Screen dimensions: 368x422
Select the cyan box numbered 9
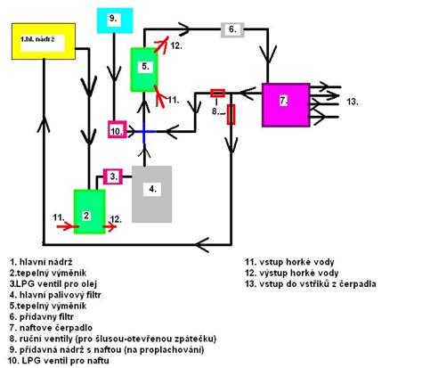click(114, 20)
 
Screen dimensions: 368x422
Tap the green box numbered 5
click(142, 69)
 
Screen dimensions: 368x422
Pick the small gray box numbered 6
click(232, 29)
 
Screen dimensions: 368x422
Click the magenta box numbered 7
click(284, 102)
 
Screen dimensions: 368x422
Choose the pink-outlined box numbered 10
click(117, 130)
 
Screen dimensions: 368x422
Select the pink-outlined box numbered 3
click(113, 176)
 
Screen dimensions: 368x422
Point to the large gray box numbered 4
click(152, 193)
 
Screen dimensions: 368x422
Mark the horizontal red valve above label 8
click(217, 93)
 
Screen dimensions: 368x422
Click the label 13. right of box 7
click(353, 102)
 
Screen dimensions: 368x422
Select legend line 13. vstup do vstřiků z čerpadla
click(311, 284)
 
